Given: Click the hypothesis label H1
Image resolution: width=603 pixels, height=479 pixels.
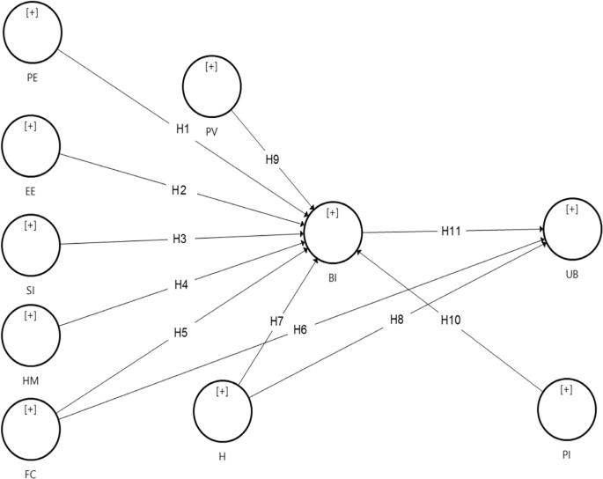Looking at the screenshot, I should pyautogui.click(x=182, y=129).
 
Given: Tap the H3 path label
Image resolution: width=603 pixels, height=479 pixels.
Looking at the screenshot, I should pyautogui.click(x=179, y=239).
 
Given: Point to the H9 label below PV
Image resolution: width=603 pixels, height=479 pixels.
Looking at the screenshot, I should pyautogui.click(x=273, y=160).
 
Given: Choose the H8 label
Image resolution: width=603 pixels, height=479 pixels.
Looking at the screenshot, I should pyautogui.click(x=398, y=319).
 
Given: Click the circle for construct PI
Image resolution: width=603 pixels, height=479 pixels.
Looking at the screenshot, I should pyautogui.click(x=568, y=409).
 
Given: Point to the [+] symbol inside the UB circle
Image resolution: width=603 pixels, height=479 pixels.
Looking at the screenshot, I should pyautogui.click(x=572, y=210).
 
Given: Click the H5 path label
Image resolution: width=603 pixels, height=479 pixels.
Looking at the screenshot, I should pyautogui.click(x=180, y=333).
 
